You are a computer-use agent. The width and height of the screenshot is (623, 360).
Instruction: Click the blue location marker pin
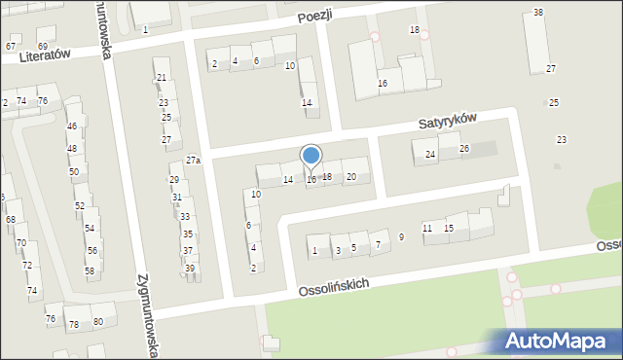(x=311, y=157)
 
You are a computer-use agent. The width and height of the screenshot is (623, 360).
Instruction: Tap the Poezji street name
(x=315, y=15)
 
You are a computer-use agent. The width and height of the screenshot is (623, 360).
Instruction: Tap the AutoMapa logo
(x=559, y=341)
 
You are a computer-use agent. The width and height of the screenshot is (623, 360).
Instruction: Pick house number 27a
(x=194, y=161)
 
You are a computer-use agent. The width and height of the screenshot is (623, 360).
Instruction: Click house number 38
(x=538, y=13)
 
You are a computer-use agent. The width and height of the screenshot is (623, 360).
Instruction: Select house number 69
(x=43, y=46)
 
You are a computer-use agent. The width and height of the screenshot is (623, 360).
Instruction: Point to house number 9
(x=401, y=237)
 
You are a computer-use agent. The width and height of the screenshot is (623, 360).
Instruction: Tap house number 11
(x=427, y=228)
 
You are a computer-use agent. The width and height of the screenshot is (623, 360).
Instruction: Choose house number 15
(x=449, y=228)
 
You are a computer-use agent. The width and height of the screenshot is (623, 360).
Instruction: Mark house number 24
(x=430, y=155)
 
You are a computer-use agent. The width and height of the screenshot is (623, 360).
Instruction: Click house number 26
(x=464, y=149)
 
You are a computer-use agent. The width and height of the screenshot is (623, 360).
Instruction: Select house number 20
(x=351, y=176)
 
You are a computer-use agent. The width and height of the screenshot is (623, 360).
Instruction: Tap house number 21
(x=162, y=77)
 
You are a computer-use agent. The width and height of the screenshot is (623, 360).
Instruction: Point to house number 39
(x=190, y=269)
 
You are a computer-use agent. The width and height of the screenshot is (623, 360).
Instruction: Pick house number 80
(x=97, y=322)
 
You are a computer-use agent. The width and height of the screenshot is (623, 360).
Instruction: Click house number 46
(x=71, y=126)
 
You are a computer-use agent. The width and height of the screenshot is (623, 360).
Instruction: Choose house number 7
(x=378, y=244)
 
